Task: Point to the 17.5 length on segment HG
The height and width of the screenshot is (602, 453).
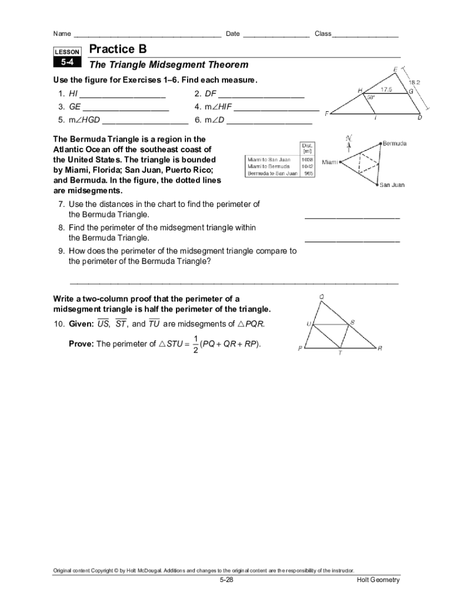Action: point(386,89)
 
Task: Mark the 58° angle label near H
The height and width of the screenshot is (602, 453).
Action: point(371,98)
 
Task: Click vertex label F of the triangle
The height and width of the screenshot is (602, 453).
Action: point(327,113)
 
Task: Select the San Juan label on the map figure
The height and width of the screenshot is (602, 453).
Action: point(391,185)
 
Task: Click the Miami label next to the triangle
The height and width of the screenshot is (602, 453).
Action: point(330,162)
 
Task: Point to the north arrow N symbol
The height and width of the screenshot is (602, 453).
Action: point(349,139)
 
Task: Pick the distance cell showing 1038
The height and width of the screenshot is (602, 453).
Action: point(307,159)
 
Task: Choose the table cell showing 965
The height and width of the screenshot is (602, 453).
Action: point(308,173)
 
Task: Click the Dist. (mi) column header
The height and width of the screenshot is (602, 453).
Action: point(307,148)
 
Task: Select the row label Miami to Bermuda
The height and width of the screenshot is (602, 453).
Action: point(268,166)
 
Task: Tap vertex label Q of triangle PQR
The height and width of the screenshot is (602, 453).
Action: point(321,297)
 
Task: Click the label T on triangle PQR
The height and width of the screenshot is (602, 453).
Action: point(339,354)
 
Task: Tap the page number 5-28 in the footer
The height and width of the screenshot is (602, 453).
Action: point(226,580)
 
